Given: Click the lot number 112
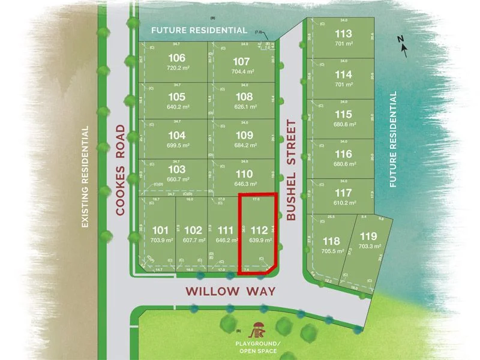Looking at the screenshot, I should pos(259,230).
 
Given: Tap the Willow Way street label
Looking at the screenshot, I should pos(230,292).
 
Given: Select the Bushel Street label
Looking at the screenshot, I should pos(292,170).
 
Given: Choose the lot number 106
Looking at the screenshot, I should pos(177,58).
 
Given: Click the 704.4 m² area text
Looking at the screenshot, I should pos(241,71).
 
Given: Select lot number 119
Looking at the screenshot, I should pos(368,236).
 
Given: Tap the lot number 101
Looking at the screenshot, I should pos(160,230).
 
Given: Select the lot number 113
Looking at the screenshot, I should pos(344,34).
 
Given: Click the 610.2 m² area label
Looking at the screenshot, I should pos(344,203).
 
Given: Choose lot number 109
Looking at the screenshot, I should pos(241,135).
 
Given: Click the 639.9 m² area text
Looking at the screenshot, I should pos(259,240).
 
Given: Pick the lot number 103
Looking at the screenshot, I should pos(177,169).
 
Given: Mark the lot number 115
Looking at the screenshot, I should pos(344,115).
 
